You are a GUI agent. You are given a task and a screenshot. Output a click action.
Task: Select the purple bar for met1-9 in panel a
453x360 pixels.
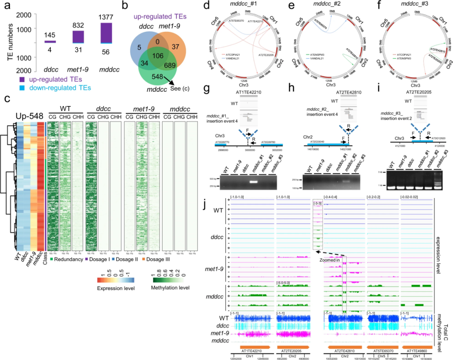click(x=78, y=36)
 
